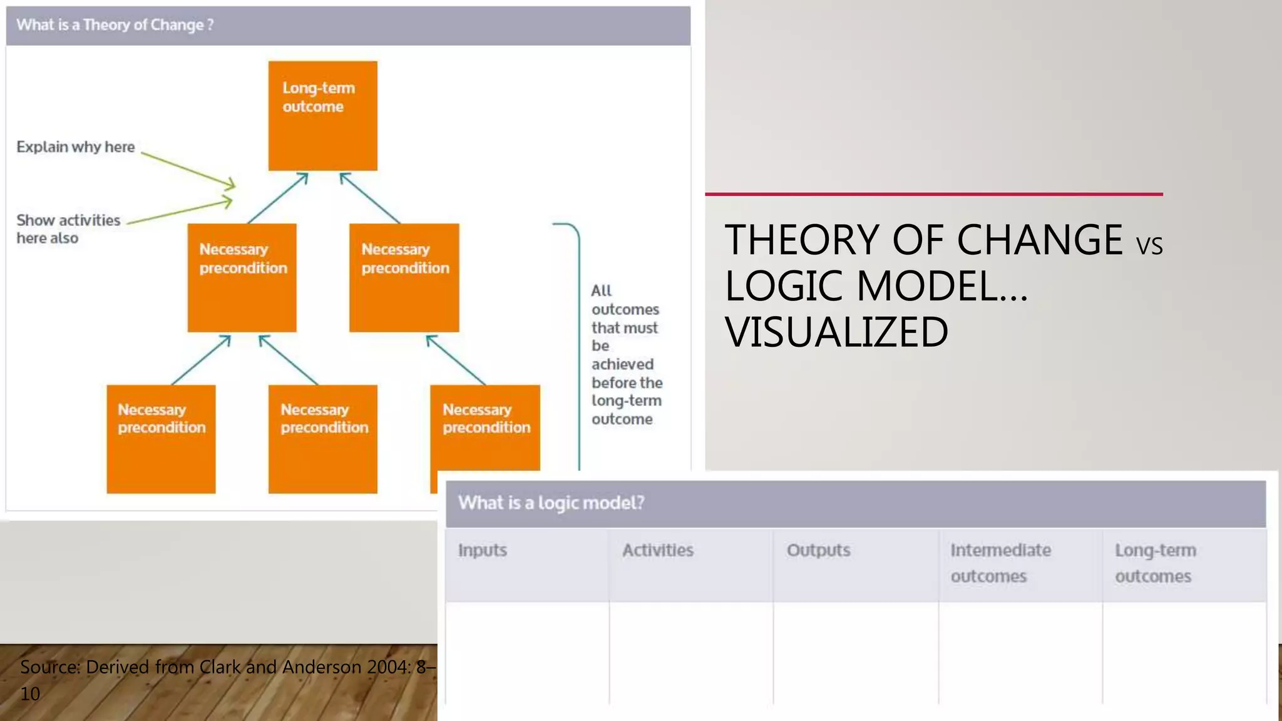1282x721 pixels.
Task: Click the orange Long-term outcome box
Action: (322, 116)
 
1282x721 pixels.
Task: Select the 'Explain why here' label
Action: (76, 147)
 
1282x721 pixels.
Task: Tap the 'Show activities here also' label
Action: (68, 229)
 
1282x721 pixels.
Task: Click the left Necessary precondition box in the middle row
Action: (242, 278)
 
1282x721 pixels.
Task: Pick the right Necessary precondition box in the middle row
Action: (404, 278)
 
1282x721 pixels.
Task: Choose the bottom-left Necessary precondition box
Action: (161, 439)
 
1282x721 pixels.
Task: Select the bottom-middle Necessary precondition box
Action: (323, 439)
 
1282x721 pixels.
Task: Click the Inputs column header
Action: (483, 551)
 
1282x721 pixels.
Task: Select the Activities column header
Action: (658, 551)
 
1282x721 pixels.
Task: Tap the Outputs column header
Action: (818, 551)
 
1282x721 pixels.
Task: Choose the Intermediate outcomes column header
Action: (1000, 563)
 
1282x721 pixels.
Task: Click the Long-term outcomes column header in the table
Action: (1155, 563)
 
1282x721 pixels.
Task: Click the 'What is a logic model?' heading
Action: (551, 503)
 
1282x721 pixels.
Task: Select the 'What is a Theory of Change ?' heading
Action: (115, 25)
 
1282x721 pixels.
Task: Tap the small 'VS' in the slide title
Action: (1149, 246)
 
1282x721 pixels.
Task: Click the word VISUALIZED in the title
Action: (836, 332)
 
